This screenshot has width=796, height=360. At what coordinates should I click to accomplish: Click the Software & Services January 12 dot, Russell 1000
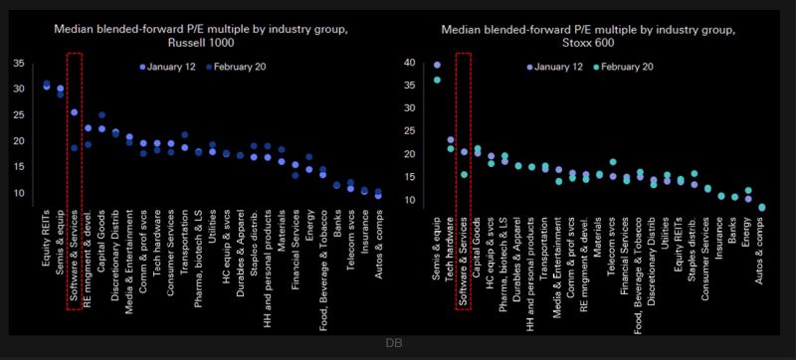coord(74,112)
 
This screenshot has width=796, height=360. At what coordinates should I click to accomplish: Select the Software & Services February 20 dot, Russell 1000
coord(74,148)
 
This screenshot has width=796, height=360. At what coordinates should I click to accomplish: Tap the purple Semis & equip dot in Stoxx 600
coord(437,65)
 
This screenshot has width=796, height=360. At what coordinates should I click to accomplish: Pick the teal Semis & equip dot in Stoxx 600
coord(437,80)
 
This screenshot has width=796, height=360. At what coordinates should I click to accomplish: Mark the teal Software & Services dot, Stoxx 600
coord(464,174)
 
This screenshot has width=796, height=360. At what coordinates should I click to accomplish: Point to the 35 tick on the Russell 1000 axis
coord(19,64)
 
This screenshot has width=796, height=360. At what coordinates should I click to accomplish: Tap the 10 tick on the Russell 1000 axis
coord(19,192)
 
